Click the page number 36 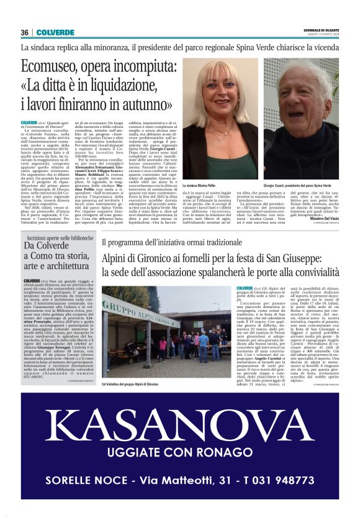pos(25,32)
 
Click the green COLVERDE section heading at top pos(55,32)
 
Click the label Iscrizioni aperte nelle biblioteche pos(60,238)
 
